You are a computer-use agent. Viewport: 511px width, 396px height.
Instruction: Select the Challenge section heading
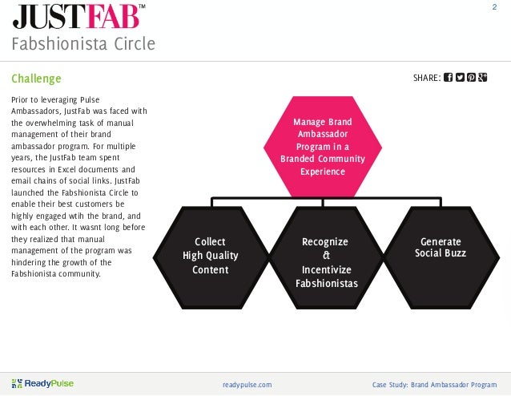(36, 79)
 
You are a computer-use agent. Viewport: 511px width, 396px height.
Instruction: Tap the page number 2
(494, 7)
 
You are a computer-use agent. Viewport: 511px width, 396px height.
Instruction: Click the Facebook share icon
(448, 78)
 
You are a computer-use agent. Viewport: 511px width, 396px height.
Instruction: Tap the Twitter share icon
(460, 78)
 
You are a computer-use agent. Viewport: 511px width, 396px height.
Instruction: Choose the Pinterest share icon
(472, 78)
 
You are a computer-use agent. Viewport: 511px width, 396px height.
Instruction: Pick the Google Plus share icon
(484, 78)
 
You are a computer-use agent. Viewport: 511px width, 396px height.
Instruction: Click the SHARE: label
(425, 79)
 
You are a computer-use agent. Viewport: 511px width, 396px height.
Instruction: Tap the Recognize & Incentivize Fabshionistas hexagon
(324, 261)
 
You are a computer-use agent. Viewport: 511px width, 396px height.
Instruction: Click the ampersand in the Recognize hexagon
(324, 256)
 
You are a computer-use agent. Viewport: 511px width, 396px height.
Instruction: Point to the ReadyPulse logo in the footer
(43, 384)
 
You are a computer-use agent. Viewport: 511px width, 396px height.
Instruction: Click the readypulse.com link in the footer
(247, 385)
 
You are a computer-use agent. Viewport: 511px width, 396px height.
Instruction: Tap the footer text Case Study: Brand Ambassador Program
(434, 385)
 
